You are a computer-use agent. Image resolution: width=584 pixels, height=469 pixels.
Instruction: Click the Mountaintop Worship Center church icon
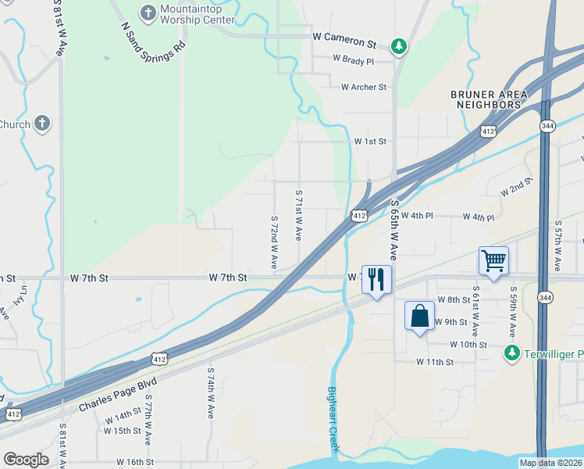coord(148,13)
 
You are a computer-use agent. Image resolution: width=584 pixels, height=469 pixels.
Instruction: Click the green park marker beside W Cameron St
coord(399,47)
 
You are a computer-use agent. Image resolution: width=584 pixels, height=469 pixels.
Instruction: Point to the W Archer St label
coord(358,88)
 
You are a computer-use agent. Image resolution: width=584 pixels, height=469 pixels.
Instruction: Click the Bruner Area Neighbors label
coord(490,99)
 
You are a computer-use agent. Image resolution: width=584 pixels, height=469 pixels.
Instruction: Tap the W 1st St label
coord(370,141)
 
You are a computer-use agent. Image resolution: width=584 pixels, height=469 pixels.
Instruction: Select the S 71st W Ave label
coord(298,214)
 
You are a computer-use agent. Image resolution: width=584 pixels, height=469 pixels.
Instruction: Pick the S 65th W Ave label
coord(394,229)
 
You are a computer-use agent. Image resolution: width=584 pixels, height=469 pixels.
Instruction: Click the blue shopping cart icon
coord(493,260)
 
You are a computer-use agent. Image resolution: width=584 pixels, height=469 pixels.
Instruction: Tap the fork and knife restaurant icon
coord(376,279)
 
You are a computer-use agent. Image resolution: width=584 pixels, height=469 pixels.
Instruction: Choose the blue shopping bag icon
coord(419,316)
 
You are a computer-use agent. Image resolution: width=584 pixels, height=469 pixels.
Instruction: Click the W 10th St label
coord(468,345)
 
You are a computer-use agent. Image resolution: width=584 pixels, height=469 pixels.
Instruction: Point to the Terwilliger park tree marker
coord(511,353)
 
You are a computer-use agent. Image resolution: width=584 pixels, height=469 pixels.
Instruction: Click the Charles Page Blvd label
coord(117,396)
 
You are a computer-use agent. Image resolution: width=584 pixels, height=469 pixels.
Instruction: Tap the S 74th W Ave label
coord(211,393)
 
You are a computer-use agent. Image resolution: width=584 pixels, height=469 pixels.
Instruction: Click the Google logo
coord(26,460)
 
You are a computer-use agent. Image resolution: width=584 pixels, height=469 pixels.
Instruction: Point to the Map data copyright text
coord(550,463)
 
